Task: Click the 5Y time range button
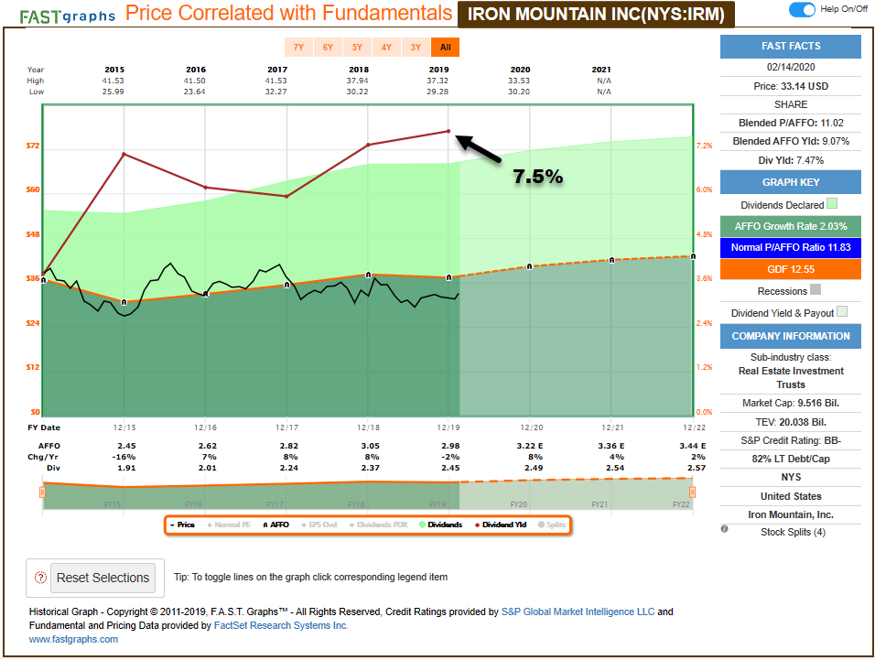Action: [x=357, y=47]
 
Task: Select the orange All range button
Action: [x=446, y=47]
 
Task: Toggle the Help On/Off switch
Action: [x=802, y=9]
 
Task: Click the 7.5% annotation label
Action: [x=537, y=177]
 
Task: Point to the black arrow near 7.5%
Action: [x=481, y=149]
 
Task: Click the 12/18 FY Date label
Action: [x=368, y=427]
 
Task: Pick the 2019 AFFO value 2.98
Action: [x=448, y=446]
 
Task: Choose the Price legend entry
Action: [x=182, y=525]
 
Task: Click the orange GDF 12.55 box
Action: [x=791, y=269]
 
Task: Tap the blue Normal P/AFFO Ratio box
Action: [x=791, y=247]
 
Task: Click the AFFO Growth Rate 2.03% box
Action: [x=791, y=226]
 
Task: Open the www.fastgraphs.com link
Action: [x=73, y=639]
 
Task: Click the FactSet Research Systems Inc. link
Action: [x=281, y=625]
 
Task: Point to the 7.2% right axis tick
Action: [x=704, y=146]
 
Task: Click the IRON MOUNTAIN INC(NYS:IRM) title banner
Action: [x=596, y=14]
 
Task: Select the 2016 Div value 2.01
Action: [x=196, y=468]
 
